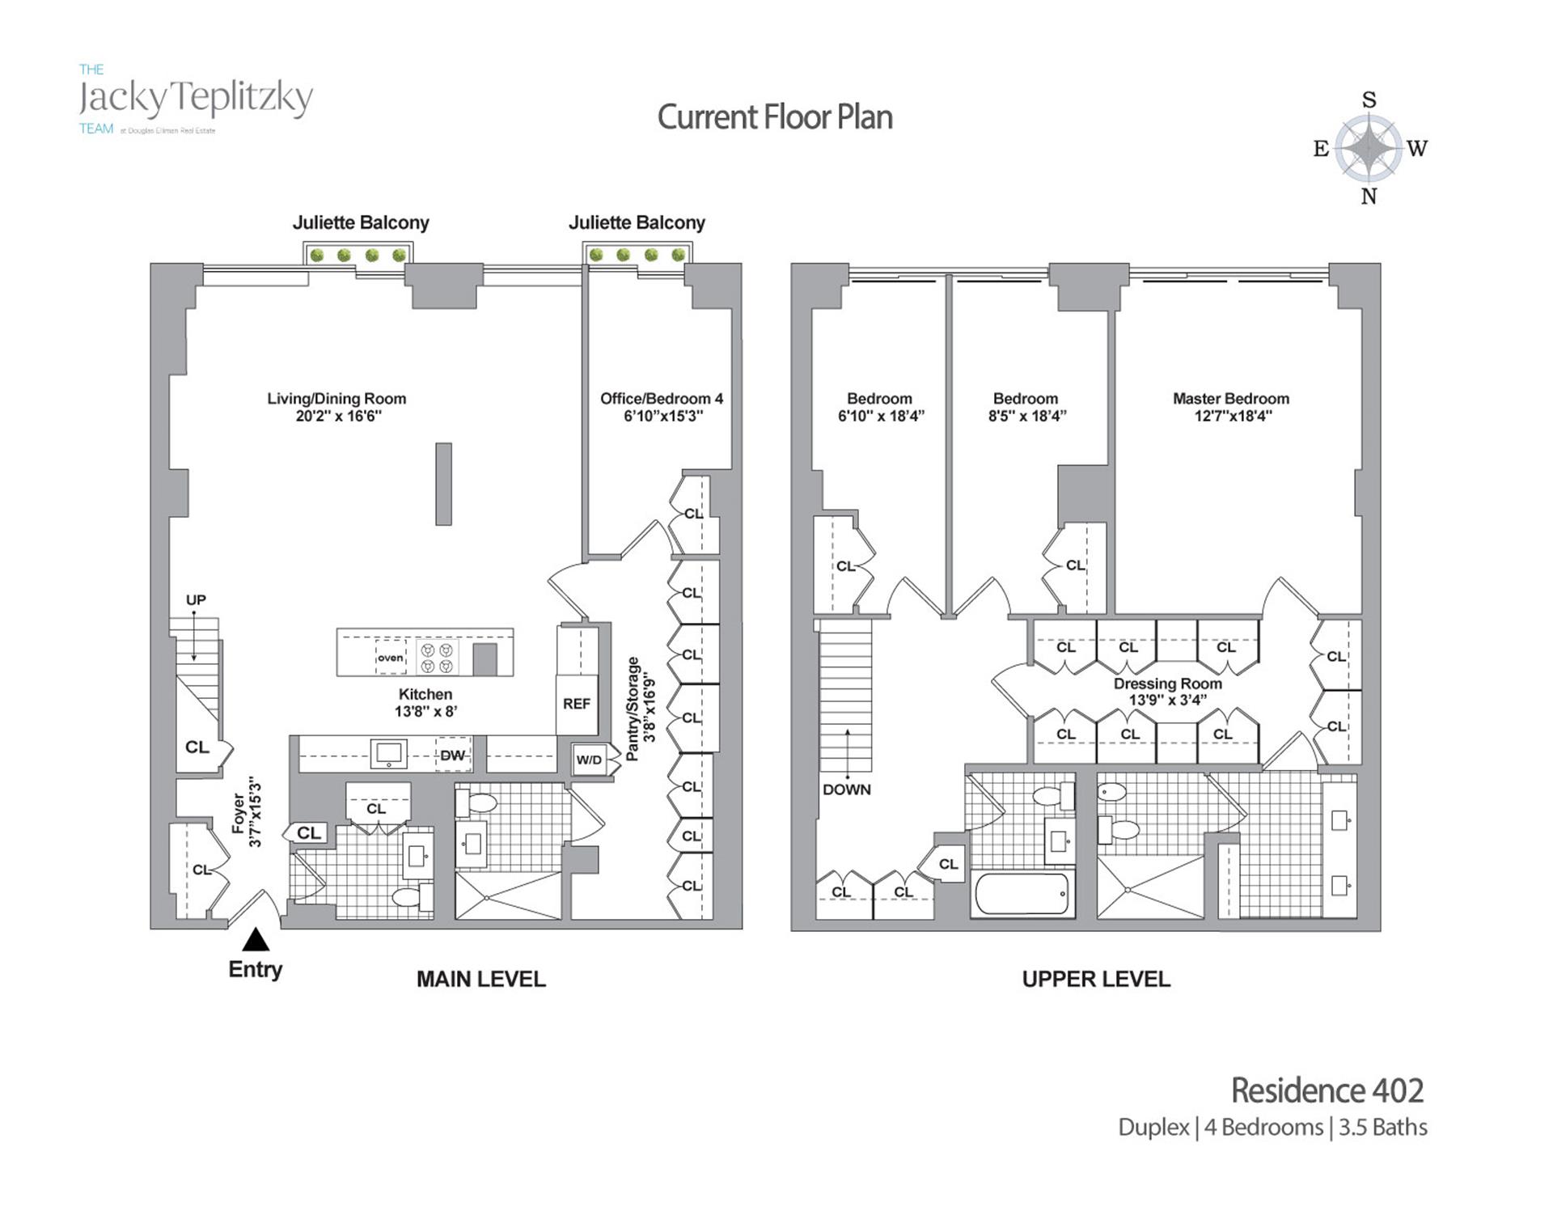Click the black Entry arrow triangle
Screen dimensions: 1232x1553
tap(256, 939)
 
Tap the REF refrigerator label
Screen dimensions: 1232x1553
tap(576, 704)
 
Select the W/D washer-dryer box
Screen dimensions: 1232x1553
tap(590, 760)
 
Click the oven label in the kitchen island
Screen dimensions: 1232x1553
tap(390, 658)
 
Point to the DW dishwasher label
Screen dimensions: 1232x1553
tap(452, 756)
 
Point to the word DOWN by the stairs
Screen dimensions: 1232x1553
tap(847, 790)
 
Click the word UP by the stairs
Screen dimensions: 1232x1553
tap(196, 600)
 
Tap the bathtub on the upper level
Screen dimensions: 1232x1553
tap(1022, 894)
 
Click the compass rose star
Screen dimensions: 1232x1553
tap(1368, 147)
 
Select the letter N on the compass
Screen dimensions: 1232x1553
tap(1369, 197)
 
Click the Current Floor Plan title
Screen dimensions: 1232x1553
tap(775, 117)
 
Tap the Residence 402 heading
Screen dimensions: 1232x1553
tap(1327, 1090)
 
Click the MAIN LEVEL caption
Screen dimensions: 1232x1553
tap(481, 980)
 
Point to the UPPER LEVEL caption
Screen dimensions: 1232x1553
tap(1096, 980)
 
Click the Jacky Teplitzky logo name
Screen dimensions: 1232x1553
tap(196, 99)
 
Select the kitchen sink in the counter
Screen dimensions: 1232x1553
tap(388, 754)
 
